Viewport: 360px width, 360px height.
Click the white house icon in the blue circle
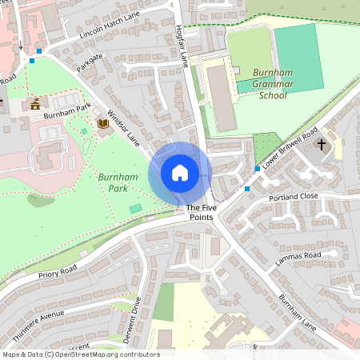tap(180, 172)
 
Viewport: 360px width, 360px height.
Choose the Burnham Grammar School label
tap(262, 82)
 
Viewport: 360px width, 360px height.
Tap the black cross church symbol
tap(322, 145)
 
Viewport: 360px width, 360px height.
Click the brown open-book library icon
tap(102, 124)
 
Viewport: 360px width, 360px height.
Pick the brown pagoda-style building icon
tap(35, 103)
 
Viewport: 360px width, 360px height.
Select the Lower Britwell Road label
tap(290, 146)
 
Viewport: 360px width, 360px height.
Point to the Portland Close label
tap(294, 196)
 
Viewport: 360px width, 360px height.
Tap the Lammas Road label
tap(298, 255)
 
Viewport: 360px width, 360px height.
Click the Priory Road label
tap(57, 272)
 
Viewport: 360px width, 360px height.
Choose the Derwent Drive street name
tap(132, 320)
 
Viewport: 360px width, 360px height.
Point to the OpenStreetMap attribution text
tap(81, 354)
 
